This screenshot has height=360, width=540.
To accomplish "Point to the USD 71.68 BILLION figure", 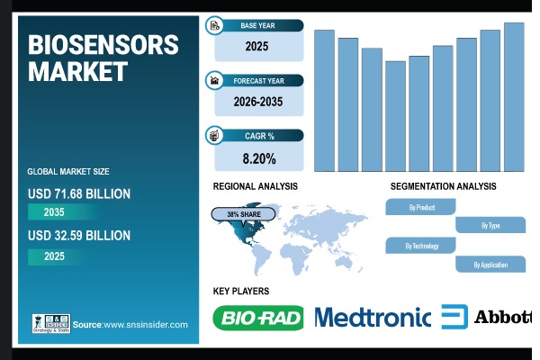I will tap(79, 193).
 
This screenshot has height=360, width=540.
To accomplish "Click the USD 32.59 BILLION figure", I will tap(79, 236).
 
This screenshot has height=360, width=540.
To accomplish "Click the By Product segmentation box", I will tap(421, 207).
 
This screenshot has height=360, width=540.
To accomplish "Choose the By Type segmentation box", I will tap(490, 226).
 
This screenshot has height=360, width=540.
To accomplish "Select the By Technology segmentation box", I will tap(421, 245).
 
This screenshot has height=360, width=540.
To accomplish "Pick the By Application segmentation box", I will tap(490, 265).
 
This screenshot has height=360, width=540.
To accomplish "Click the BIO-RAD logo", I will tap(258, 318).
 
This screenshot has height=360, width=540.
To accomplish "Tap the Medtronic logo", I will tap(373, 317).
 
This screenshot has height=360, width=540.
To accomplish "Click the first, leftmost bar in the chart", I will tap(324, 100).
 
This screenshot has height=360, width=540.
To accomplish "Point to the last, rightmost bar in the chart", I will tap(514, 96).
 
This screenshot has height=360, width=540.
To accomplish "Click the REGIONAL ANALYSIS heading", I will tap(255, 186).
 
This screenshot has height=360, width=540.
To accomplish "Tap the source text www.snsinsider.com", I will tap(145, 324).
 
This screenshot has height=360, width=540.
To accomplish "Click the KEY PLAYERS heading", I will tap(240, 291).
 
